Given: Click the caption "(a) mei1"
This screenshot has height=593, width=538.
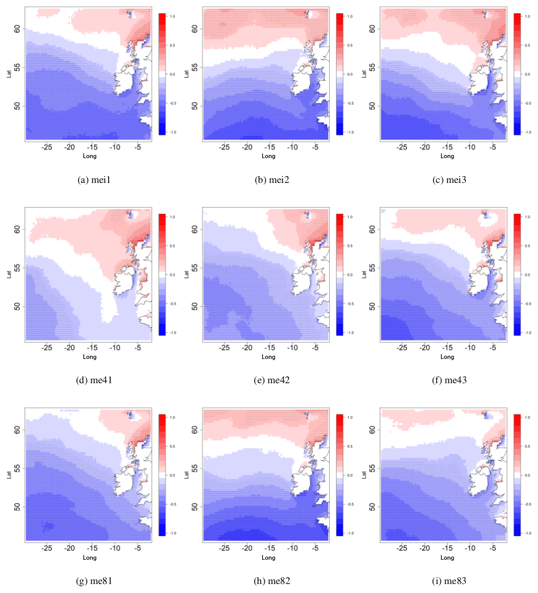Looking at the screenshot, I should [94, 180].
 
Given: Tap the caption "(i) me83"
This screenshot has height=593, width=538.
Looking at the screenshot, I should [449, 581].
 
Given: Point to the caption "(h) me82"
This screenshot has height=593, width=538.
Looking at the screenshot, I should [272, 581].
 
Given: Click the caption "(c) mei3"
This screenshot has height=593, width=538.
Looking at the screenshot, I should [449, 180].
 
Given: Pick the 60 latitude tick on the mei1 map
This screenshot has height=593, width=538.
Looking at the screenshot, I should [17, 30].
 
